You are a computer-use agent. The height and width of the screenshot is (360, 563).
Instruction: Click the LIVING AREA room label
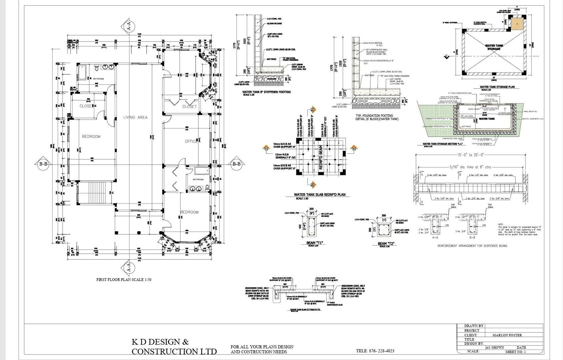pos(135,117)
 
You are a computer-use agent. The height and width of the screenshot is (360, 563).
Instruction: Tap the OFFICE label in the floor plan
pos(191,141)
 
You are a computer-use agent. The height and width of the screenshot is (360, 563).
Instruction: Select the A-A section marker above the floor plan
pos(129,26)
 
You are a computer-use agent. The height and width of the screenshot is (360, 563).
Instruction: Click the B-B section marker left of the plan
pos(43,164)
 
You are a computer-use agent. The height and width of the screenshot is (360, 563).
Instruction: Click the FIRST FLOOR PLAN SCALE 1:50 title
pos(124,280)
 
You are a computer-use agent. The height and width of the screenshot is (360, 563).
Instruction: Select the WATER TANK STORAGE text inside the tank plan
pos(494,47)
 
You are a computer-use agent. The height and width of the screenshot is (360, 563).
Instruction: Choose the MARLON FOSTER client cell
pos(507,335)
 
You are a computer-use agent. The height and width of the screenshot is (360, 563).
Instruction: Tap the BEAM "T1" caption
pos(311,243)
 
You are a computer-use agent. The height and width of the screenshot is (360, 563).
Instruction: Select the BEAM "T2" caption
pos(386,244)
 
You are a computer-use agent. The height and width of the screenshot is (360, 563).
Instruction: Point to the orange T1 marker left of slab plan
pos(266,149)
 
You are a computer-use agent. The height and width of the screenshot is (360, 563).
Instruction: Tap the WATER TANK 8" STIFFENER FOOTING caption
pos(266,92)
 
